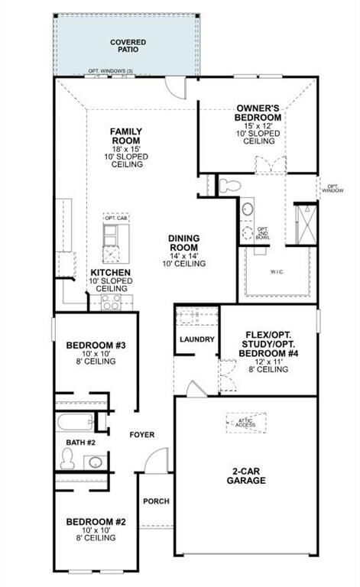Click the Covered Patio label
(128, 46)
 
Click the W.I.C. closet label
(277, 271)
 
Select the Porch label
(156, 501)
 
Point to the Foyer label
(141, 435)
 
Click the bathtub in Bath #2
(74, 422)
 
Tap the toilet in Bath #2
(67, 458)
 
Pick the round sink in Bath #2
(95, 461)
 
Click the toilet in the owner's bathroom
(229, 184)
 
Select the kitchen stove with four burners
(111, 302)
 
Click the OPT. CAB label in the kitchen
(115, 219)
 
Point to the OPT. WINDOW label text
(332, 188)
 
